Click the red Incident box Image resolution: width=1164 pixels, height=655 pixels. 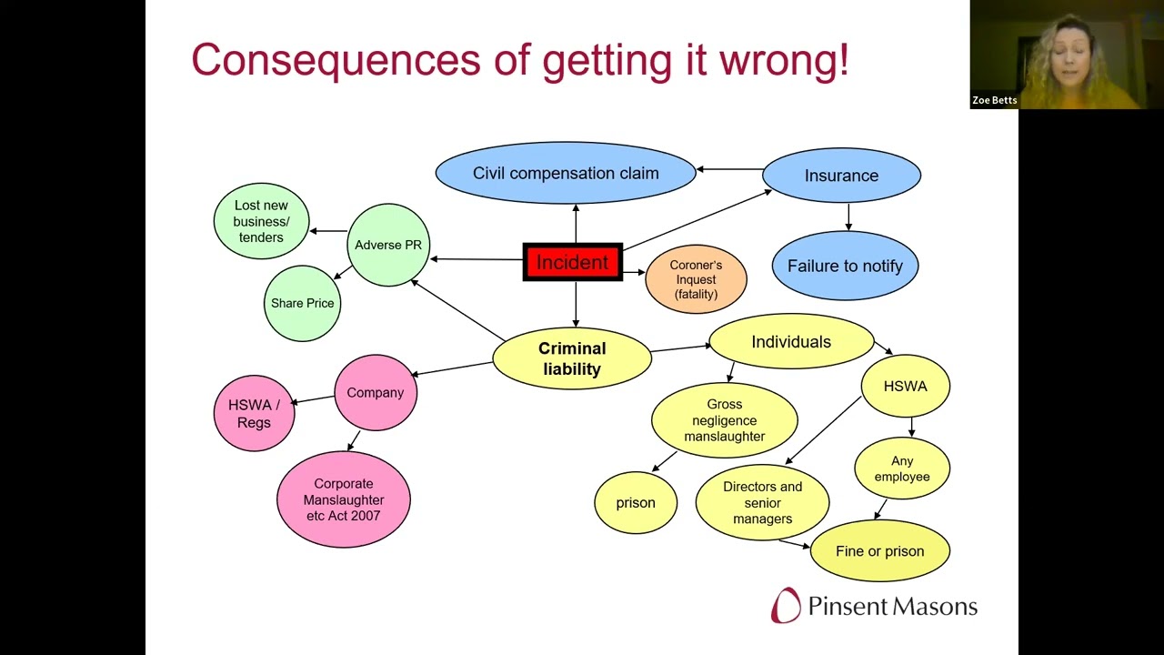pyautogui.click(x=573, y=262)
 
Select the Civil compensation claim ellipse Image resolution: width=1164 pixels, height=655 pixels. pyautogui.click(x=566, y=173)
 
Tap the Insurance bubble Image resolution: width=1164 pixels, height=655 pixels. pyautogui.click(x=841, y=176)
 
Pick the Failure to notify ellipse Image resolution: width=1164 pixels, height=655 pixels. pyautogui.click(x=845, y=266)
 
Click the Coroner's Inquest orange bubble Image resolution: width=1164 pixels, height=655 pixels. pyautogui.click(x=696, y=279)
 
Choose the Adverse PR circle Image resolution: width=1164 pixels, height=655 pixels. pyautogui.click(x=388, y=245)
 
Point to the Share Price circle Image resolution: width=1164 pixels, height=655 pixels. pyautogui.click(x=303, y=303)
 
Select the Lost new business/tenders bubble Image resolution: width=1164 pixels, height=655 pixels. pyautogui.click(x=261, y=221)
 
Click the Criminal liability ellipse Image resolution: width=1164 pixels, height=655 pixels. pyautogui.click(x=572, y=358)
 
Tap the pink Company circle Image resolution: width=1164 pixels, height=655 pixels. pyautogui.click(x=376, y=392)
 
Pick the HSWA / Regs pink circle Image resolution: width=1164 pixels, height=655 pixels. pyautogui.click(x=254, y=413)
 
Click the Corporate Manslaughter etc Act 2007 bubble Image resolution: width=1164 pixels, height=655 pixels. pyautogui.click(x=344, y=499)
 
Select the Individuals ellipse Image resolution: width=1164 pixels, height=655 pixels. pyautogui.click(x=791, y=341)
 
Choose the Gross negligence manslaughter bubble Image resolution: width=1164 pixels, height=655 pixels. pyautogui.click(x=725, y=420)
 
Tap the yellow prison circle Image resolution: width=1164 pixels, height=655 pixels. pyautogui.click(x=636, y=503)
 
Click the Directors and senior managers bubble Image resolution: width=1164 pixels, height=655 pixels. pyautogui.click(x=762, y=503)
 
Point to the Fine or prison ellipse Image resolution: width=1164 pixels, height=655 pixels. pyautogui.click(x=879, y=551)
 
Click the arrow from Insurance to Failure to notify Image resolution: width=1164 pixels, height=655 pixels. pyautogui.click(x=848, y=217)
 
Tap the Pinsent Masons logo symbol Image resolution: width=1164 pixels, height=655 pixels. pyautogui.click(x=786, y=605)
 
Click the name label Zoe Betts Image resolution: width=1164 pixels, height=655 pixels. pyautogui.click(x=994, y=100)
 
